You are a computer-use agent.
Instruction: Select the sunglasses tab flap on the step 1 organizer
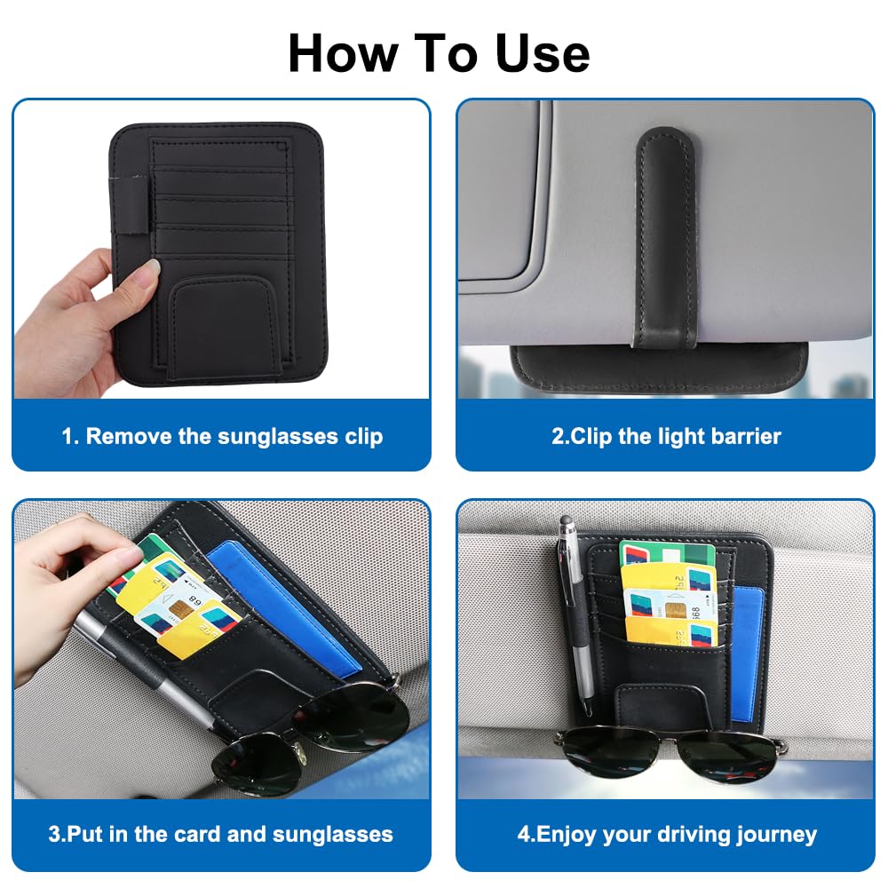tap(226, 327)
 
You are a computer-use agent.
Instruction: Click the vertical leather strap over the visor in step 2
tap(666, 238)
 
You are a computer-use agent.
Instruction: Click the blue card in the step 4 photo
tap(747, 654)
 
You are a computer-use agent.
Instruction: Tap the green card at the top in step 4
tap(667, 553)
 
